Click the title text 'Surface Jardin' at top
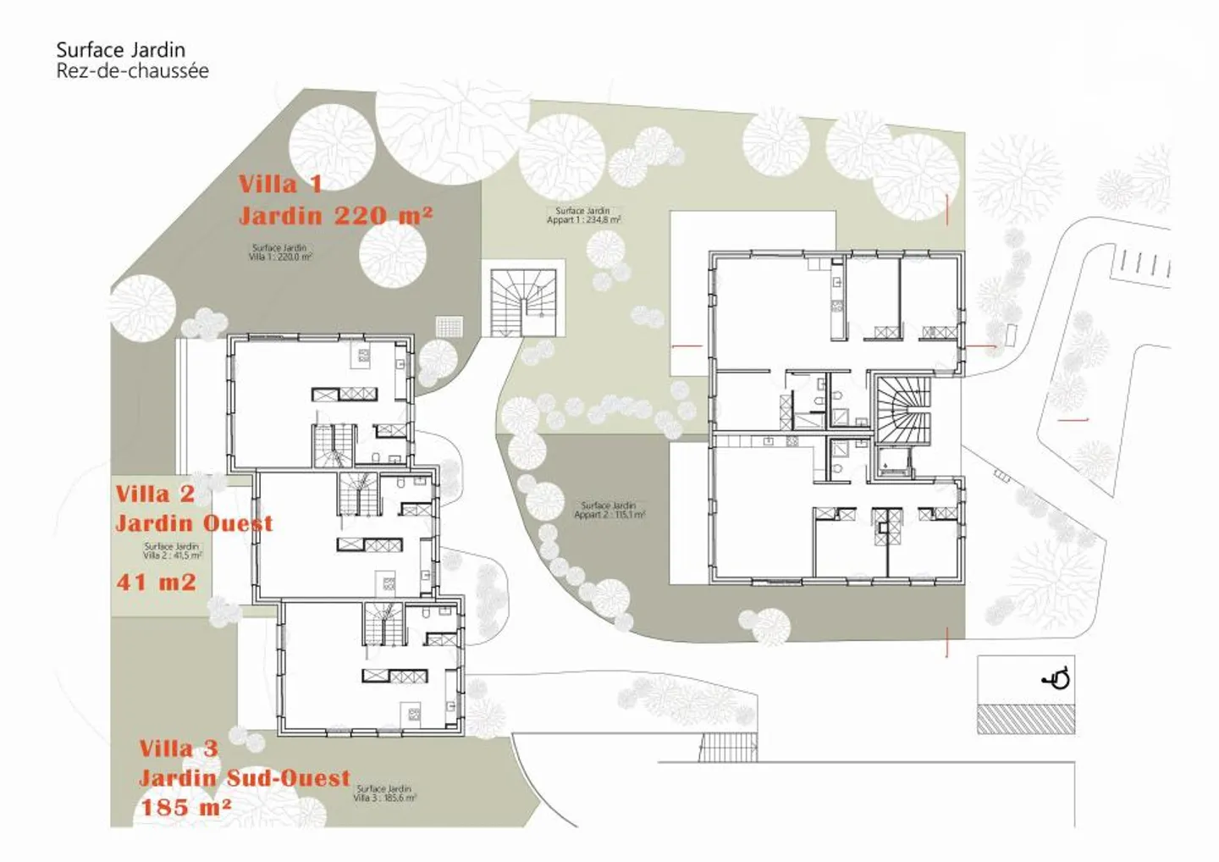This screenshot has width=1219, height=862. (x=120, y=50)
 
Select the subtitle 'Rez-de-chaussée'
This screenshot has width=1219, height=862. (x=132, y=71)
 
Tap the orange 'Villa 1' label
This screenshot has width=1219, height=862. (x=279, y=184)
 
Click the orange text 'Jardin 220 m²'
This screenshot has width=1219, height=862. (x=335, y=216)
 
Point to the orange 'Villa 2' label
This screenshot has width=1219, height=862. (x=155, y=494)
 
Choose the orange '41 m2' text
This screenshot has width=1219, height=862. (x=156, y=582)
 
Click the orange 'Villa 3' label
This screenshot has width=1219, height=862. (x=179, y=749)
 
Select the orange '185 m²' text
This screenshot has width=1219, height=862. (x=185, y=807)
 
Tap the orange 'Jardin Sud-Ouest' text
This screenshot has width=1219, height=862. (x=244, y=778)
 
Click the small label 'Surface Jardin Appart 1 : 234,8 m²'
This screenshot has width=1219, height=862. (x=583, y=215)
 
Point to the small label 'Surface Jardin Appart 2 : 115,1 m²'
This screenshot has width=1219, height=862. (x=609, y=510)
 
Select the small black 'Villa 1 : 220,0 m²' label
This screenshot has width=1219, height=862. (x=280, y=256)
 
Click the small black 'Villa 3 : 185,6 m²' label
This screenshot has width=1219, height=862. (x=384, y=798)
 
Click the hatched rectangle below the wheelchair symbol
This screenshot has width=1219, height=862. (x=1026, y=719)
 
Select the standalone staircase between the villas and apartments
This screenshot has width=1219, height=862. (x=523, y=301)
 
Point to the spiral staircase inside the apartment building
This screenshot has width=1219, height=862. (x=902, y=409)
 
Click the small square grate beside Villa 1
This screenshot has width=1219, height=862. (x=450, y=326)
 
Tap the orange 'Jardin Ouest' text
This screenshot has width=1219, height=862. (x=194, y=523)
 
